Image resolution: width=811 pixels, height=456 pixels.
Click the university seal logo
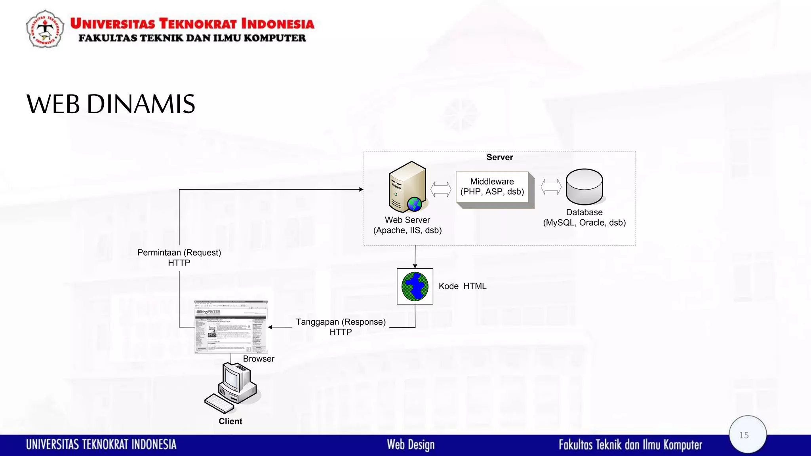(45, 29)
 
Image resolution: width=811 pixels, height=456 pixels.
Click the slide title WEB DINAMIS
(111, 104)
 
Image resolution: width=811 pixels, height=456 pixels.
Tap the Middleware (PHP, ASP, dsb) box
(492, 187)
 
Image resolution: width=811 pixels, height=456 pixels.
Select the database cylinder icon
(584, 186)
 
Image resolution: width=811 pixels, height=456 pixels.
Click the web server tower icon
(407, 187)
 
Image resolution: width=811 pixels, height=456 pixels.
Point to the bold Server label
(499, 157)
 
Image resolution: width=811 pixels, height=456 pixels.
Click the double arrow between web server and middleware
(441, 189)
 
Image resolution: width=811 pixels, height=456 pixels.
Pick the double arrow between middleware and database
(551, 187)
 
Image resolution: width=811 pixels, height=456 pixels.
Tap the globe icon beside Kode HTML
(415, 286)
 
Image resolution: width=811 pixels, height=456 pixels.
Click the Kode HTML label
(462, 286)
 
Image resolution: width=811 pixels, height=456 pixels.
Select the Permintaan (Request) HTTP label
(179, 258)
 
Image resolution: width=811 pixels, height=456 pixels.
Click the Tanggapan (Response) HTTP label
(341, 327)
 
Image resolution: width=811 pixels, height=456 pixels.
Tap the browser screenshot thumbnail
(231, 327)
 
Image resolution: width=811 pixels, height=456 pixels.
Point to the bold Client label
(230, 421)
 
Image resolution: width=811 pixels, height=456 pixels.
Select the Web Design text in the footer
(411, 445)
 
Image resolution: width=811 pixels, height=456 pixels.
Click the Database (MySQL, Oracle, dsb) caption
(584, 218)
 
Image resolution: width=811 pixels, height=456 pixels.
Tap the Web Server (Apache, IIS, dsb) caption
(407, 225)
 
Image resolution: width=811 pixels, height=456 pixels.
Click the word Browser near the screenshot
(259, 359)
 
